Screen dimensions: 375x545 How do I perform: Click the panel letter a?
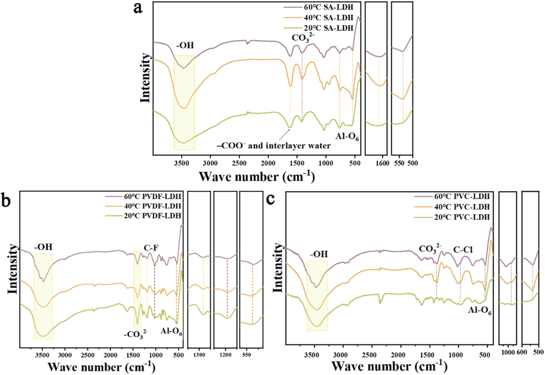[x=138, y=8]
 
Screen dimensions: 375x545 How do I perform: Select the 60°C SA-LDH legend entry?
[x=328, y=7]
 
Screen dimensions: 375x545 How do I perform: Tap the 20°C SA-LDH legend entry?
[x=328, y=28]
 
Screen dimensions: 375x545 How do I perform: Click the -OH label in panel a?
[x=185, y=45]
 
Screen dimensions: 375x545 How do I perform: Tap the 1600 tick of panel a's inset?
[x=382, y=163]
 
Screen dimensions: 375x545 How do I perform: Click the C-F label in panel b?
[x=151, y=248]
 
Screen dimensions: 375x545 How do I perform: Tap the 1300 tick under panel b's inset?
[x=199, y=355]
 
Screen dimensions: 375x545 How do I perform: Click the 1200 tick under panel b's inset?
[x=225, y=355]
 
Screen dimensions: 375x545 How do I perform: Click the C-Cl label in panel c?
[x=463, y=250]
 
